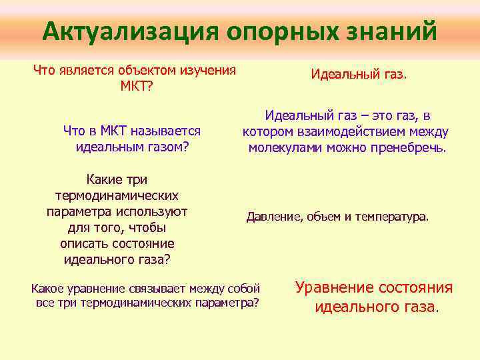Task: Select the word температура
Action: (x=391, y=217)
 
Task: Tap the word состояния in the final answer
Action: (x=417, y=288)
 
